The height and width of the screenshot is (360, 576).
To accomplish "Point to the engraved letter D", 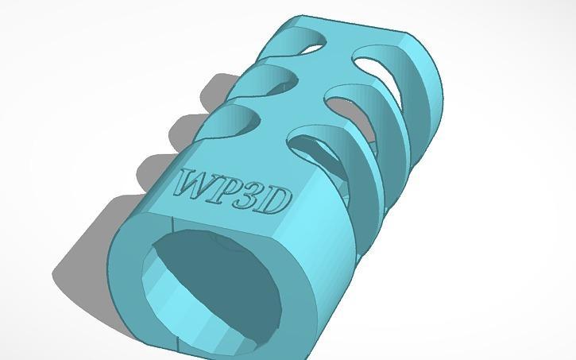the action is [276, 201].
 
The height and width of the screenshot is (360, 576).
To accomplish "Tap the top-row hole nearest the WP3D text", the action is [232, 122].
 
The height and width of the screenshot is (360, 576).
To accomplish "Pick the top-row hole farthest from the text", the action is [301, 41].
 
